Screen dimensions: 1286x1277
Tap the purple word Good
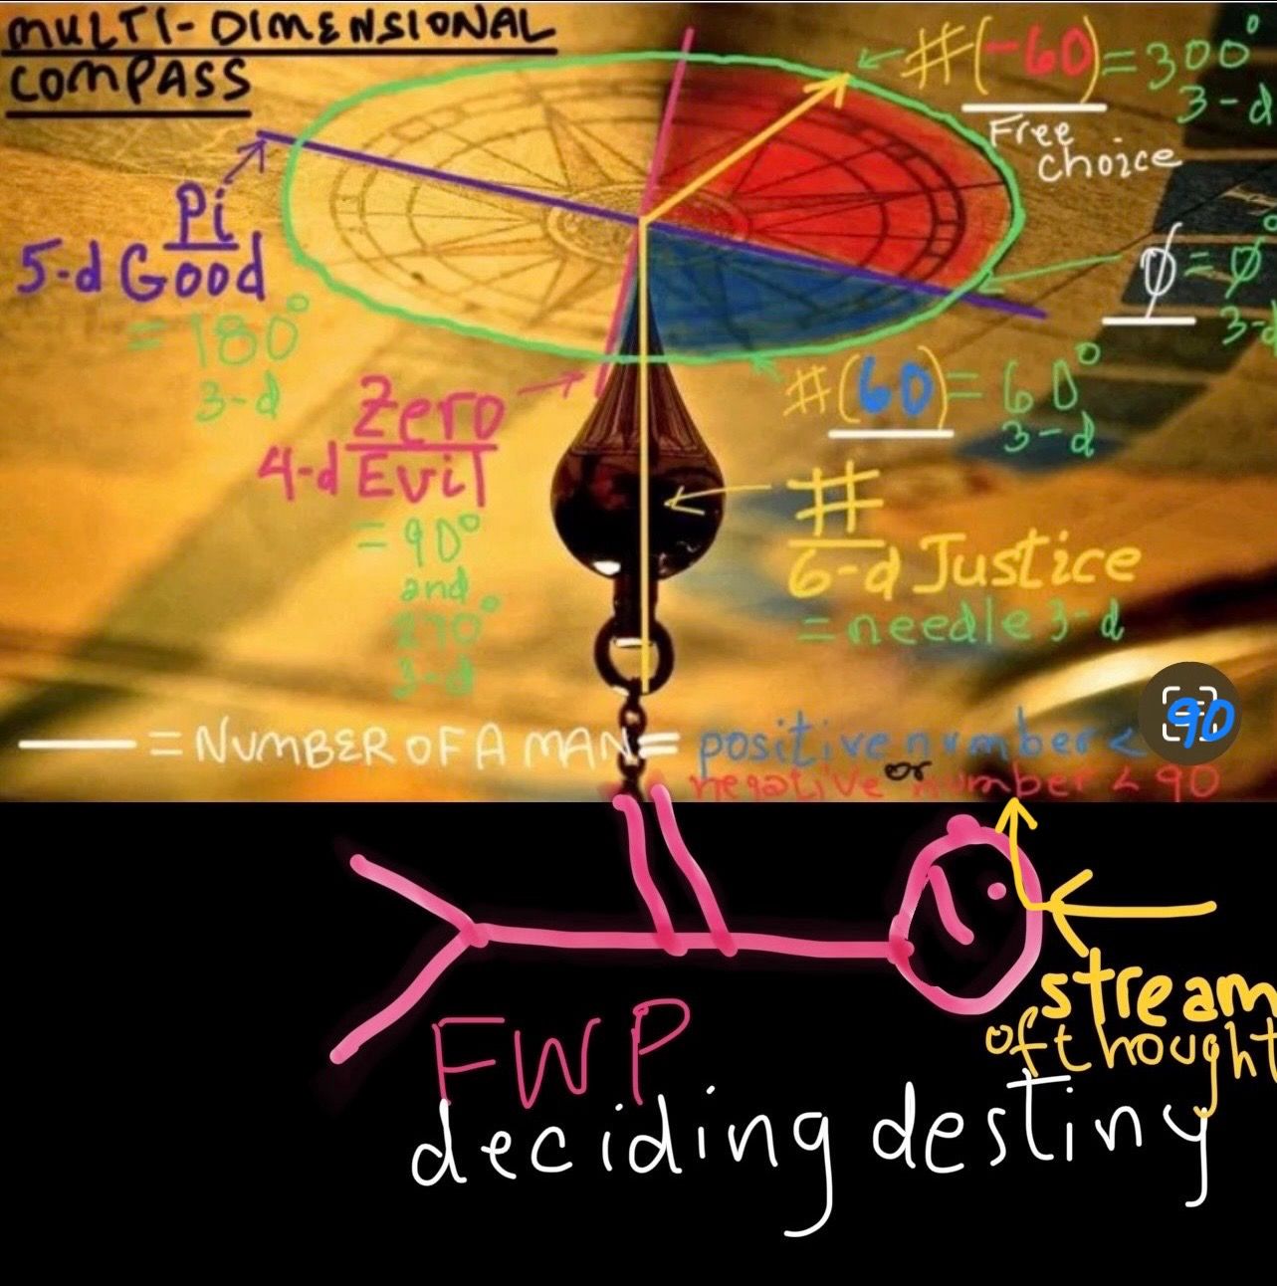193,273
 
